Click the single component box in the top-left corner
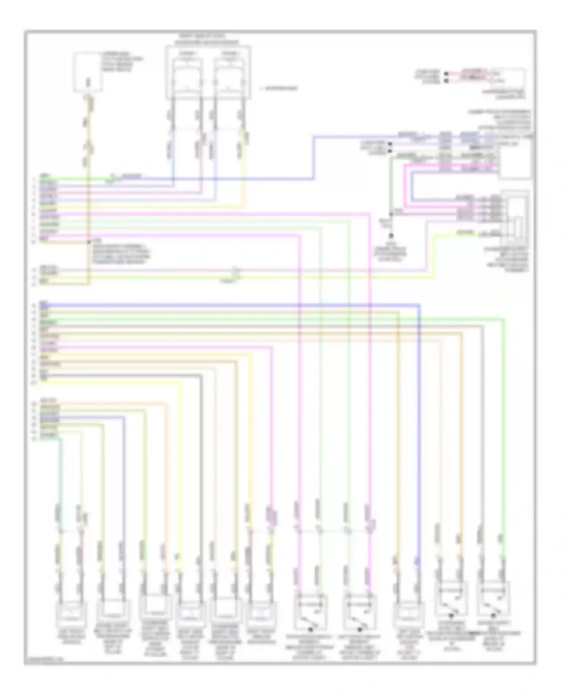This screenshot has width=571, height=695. pyautogui.click(x=88, y=72)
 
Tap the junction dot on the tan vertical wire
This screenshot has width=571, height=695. pyautogui.click(x=89, y=242)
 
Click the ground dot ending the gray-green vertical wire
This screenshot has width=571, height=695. pyautogui.click(x=391, y=236)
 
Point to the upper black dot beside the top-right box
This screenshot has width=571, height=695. pyautogui.click(x=446, y=72)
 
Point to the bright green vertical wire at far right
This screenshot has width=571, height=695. pyautogui.click(x=504, y=437)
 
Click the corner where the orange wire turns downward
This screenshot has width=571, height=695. pyautogui.click(x=166, y=404)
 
